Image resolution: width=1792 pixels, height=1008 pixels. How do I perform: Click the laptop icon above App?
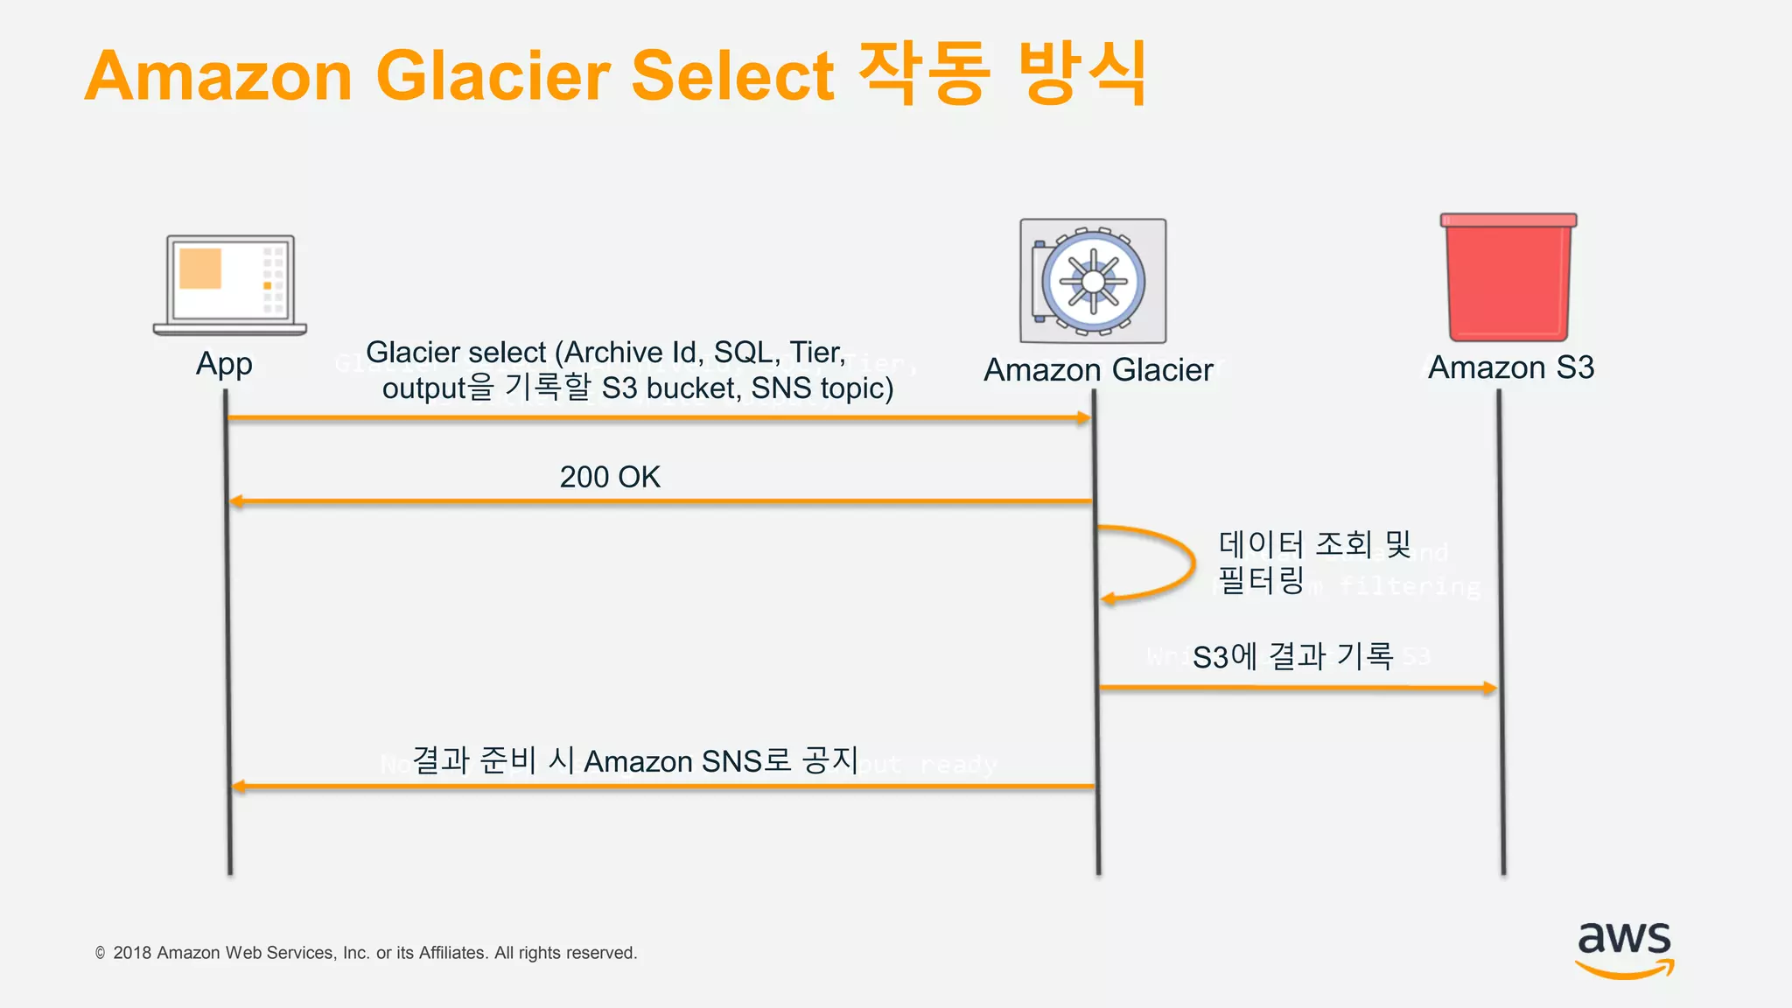click(230, 284)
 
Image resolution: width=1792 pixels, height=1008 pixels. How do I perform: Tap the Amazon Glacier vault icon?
click(1093, 281)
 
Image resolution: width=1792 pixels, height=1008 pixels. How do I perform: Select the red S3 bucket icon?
click(1508, 277)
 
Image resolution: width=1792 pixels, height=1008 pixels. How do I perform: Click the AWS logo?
click(1625, 949)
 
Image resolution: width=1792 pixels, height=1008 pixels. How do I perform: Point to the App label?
click(224, 364)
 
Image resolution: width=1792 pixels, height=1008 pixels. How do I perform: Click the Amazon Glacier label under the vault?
click(1098, 370)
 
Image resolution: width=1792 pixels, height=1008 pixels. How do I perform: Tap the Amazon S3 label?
click(1511, 367)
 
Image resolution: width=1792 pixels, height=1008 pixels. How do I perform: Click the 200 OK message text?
click(610, 477)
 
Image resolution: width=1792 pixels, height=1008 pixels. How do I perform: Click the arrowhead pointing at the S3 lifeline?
click(1489, 688)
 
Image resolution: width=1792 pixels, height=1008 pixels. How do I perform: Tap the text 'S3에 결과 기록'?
click(1292, 656)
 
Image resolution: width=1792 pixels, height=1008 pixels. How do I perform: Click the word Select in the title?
click(732, 76)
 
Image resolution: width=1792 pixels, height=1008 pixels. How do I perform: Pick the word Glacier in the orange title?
click(493, 76)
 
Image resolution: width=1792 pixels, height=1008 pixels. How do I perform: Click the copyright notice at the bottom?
click(367, 953)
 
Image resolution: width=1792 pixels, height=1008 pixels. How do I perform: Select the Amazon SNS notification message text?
click(634, 760)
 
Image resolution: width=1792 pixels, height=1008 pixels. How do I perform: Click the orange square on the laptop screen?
click(200, 269)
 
